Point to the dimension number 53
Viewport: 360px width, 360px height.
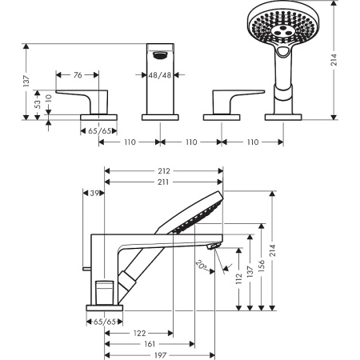pos(38,104)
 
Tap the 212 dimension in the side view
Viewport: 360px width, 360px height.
pos(165,170)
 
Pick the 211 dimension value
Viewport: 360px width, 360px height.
pos(165,182)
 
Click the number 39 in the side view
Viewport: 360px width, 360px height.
pos(96,194)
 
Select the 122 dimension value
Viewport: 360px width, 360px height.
pos(139,331)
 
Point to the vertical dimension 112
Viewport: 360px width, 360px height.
pos(239,278)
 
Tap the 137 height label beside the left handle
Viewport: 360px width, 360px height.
pos(26,81)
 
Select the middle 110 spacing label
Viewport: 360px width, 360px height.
pos(190,142)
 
